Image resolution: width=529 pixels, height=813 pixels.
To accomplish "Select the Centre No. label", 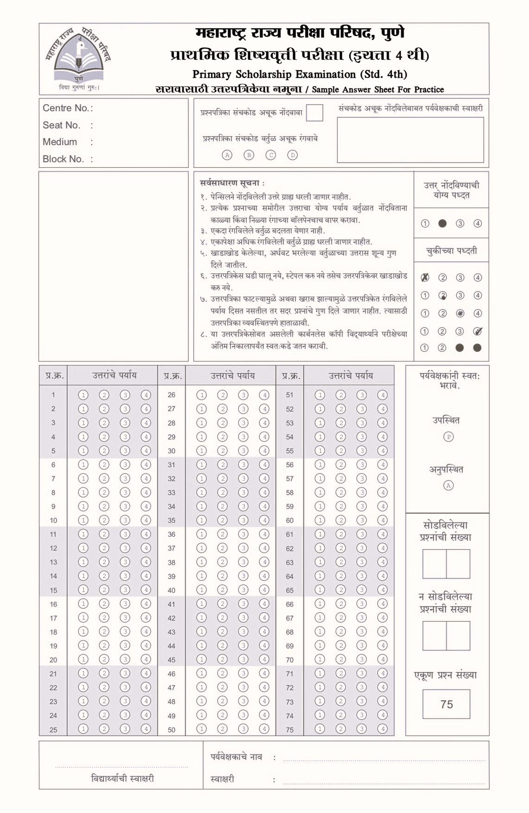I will click(67, 108).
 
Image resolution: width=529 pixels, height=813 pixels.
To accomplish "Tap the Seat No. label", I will click(61, 125).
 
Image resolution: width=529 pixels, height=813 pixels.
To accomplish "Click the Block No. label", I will click(63, 159).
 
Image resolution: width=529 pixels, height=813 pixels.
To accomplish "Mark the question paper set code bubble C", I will click(271, 155).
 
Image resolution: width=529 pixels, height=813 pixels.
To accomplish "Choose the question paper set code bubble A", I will click(227, 155).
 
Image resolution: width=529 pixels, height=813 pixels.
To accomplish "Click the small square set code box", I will click(314, 113).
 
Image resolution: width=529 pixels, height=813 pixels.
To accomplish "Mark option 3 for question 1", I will click(125, 395).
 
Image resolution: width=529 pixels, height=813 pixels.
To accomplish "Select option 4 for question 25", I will click(146, 729).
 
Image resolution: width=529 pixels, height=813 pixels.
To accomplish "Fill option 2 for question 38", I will click(223, 562).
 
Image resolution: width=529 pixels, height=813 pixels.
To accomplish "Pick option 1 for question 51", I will click(319, 395).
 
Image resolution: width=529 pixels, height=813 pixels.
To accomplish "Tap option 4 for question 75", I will click(382, 729).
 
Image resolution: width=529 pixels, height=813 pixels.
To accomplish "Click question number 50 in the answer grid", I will click(172, 730).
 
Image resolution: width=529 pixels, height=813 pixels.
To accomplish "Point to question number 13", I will click(53, 562).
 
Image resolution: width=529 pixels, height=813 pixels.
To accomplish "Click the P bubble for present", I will click(448, 437).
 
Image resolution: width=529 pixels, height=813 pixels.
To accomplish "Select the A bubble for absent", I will click(448, 485).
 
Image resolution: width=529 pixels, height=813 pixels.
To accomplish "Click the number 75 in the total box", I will click(446, 705).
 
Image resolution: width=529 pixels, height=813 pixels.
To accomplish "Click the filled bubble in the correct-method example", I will click(442, 223).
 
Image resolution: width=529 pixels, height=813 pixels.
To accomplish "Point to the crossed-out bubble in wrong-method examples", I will click(425, 278).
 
